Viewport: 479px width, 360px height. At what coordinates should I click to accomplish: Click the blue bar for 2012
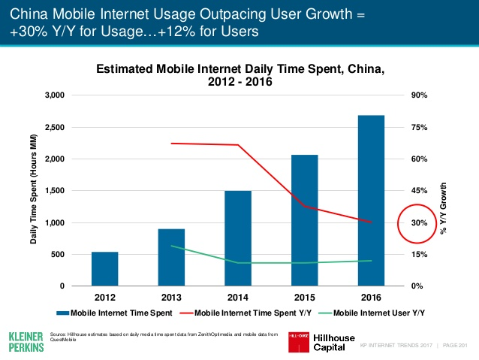[104, 269]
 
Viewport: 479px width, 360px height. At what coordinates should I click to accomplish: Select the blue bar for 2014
[238, 238]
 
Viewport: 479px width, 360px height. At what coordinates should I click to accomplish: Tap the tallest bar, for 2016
[371, 201]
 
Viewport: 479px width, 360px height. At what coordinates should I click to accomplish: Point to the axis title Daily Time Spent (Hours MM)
[34, 191]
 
